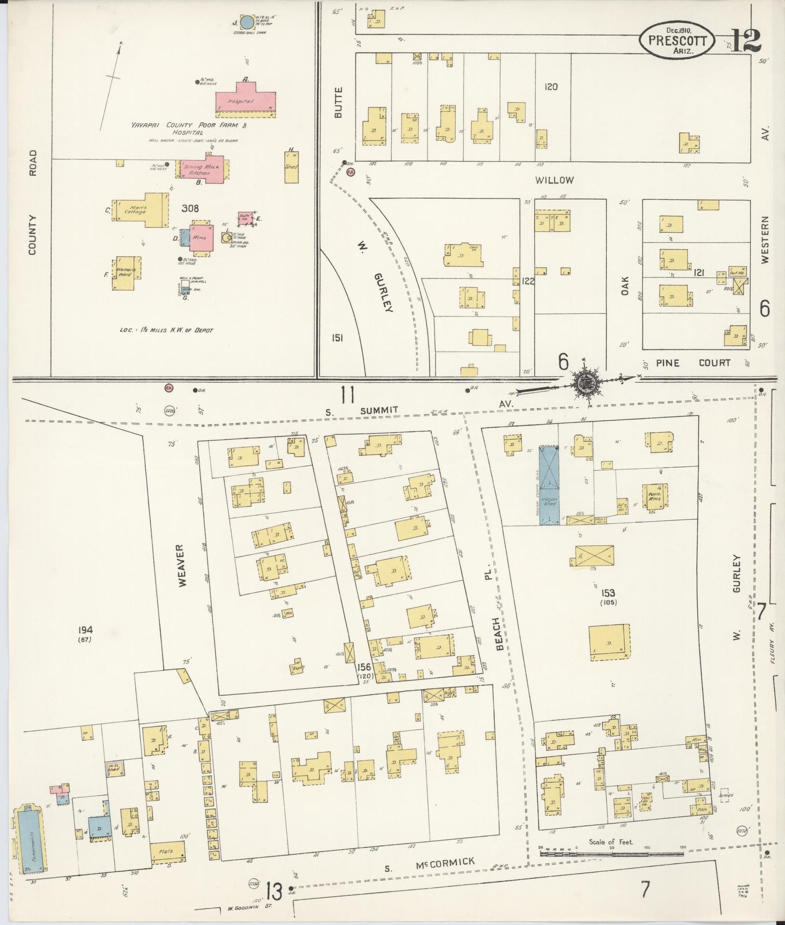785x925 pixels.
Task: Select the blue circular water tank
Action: [247, 22]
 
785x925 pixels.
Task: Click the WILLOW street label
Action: [554, 180]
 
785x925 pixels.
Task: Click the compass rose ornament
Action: [586, 383]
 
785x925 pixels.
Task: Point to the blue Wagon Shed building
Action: [549, 485]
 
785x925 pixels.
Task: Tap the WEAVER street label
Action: [183, 565]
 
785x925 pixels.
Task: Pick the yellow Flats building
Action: [166, 851]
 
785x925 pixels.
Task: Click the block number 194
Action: [85, 630]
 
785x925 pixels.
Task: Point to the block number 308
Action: [190, 208]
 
